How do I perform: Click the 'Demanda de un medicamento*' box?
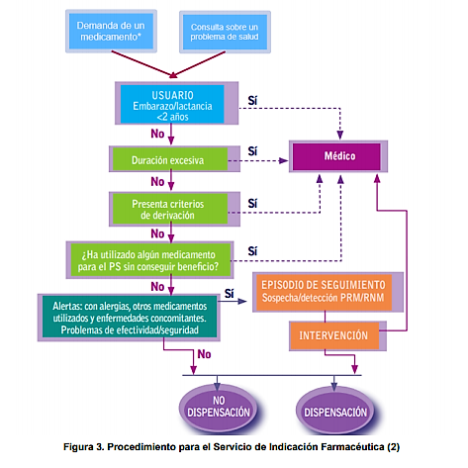(111, 31)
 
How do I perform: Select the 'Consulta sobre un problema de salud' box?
(225, 32)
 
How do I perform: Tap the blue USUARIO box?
(176, 103)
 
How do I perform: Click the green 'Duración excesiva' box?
(174, 159)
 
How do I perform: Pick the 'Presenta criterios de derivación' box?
(174, 209)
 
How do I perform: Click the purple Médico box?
(338, 156)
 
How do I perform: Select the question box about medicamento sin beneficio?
(149, 260)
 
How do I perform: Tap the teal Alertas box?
(129, 318)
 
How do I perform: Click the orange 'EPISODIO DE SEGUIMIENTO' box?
(328, 292)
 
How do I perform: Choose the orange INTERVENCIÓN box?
(338, 335)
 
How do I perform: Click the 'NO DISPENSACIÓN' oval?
(219, 408)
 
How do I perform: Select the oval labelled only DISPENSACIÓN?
(335, 410)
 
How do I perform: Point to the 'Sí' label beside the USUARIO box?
(252, 100)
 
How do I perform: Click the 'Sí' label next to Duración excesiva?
(252, 151)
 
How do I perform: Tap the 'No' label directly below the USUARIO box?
(157, 134)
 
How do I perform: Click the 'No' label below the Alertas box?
(204, 354)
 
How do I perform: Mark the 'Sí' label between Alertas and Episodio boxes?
(230, 293)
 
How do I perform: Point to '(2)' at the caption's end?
(394, 447)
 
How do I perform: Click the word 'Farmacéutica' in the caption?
(352, 447)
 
